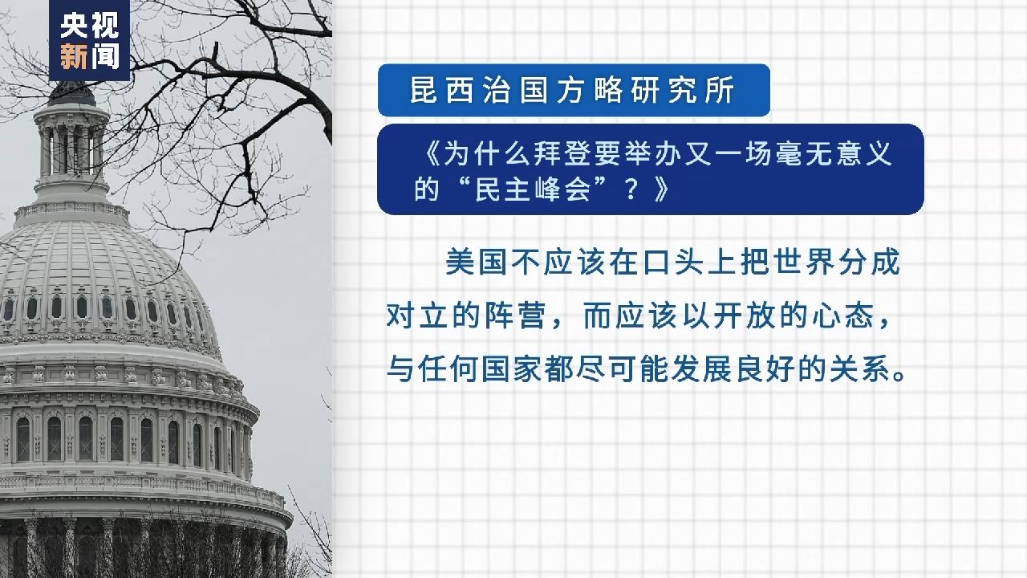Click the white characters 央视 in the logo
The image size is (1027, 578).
pos(90,25)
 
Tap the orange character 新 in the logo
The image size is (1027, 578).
pos(74,56)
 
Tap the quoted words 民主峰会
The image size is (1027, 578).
pos(533,189)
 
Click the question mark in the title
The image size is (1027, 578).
pos(631,190)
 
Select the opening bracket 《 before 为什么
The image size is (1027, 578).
pos(430,153)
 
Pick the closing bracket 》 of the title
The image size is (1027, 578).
pos(661,190)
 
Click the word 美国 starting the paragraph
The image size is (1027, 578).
pos(477,262)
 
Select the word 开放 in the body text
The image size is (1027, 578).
pos(745,315)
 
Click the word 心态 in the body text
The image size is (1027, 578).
pos(842,315)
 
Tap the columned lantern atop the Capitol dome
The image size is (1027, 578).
pos(71,149)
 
